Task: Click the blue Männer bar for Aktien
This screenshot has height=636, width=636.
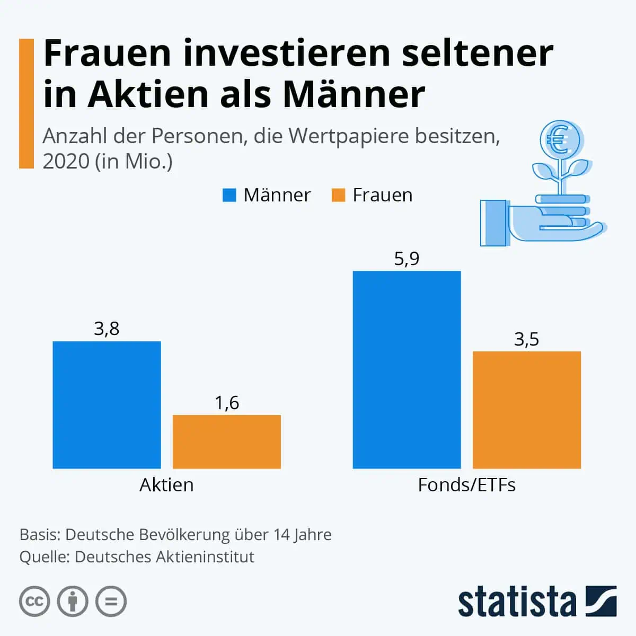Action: point(107,404)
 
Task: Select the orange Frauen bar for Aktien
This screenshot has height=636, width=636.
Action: point(227,441)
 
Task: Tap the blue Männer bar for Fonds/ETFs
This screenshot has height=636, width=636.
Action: point(407,369)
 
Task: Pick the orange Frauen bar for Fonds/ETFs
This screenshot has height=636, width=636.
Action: point(527,410)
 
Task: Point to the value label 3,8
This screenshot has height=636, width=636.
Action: point(107,329)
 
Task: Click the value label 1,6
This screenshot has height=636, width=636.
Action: point(227,403)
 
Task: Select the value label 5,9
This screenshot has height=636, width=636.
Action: point(407,259)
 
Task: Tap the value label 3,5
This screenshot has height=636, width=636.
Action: point(527,339)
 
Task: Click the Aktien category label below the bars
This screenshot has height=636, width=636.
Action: point(166,485)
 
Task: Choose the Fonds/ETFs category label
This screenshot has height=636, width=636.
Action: point(466,485)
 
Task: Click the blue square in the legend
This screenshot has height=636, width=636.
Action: point(229,195)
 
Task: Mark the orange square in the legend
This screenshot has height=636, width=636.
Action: point(338,195)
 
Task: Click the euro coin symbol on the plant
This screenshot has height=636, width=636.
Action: point(557,139)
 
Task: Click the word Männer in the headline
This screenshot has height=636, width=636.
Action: point(354,94)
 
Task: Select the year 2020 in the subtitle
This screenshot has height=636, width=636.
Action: point(66,161)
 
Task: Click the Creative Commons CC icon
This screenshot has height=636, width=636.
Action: point(34,602)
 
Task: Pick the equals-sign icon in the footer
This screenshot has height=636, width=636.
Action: point(111,602)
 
